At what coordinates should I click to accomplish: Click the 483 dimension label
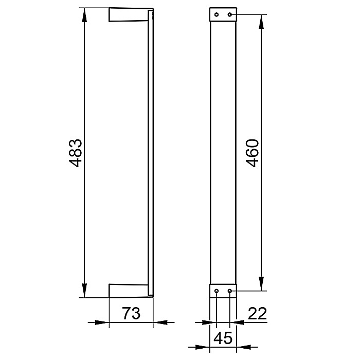tap(76, 153)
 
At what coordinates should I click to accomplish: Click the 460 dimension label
tap(253, 153)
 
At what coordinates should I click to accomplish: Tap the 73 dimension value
tap(131, 313)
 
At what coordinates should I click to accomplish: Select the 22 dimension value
tap(257, 313)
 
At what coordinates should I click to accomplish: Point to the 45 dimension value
tap(223, 338)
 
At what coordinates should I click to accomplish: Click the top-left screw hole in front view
tap(217, 15)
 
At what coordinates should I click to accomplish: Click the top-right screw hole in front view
tap(229, 15)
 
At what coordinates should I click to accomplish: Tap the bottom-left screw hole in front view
tap(217, 291)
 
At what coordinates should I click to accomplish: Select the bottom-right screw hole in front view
tap(229, 291)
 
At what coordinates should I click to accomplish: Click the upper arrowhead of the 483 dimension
tap(84, 15)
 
